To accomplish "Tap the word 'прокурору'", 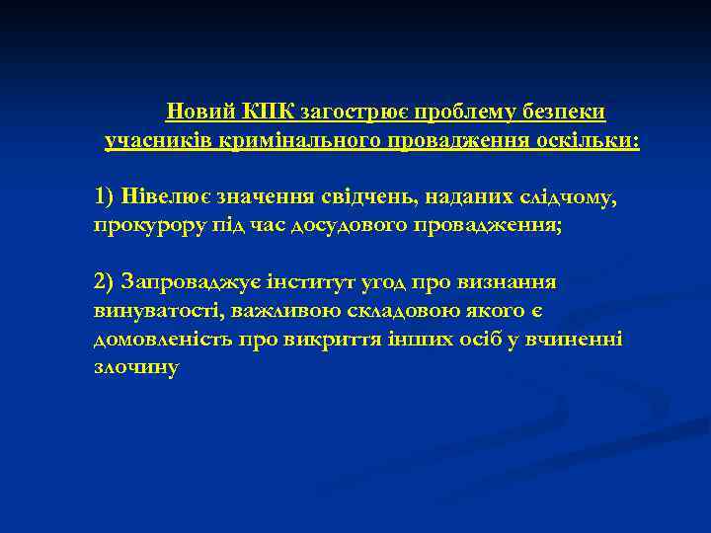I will pyautogui.click(x=143, y=225).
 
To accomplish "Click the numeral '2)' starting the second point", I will pyautogui.click(x=106, y=282).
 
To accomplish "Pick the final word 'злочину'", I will pyautogui.click(x=136, y=368).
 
